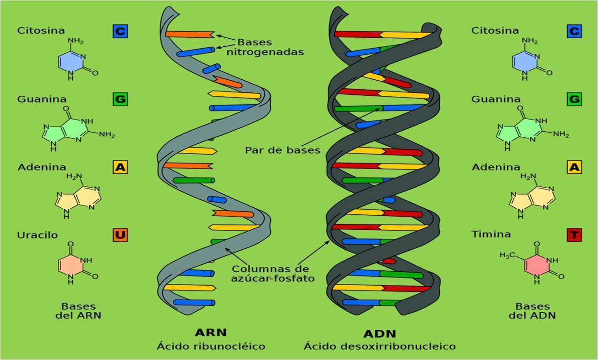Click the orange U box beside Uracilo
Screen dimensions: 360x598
[x=120, y=234]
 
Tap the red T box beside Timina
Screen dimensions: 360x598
[x=574, y=234]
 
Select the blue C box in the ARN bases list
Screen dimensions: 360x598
[x=120, y=31]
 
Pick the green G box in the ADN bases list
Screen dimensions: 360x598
[x=574, y=99]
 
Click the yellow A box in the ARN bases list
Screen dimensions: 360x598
[x=120, y=167]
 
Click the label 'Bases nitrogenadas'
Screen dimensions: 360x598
[x=265, y=47]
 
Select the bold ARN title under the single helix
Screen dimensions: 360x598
[x=211, y=332]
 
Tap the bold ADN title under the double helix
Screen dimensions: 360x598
[x=380, y=333]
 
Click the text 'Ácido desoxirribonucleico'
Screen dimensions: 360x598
[x=380, y=346]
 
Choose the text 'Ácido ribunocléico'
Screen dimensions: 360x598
[x=211, y=346]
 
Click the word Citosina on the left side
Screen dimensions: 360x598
[x=41, y=30]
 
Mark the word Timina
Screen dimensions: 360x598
[x=491, y=234]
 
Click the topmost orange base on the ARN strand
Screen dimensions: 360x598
[x=189, y=34]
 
